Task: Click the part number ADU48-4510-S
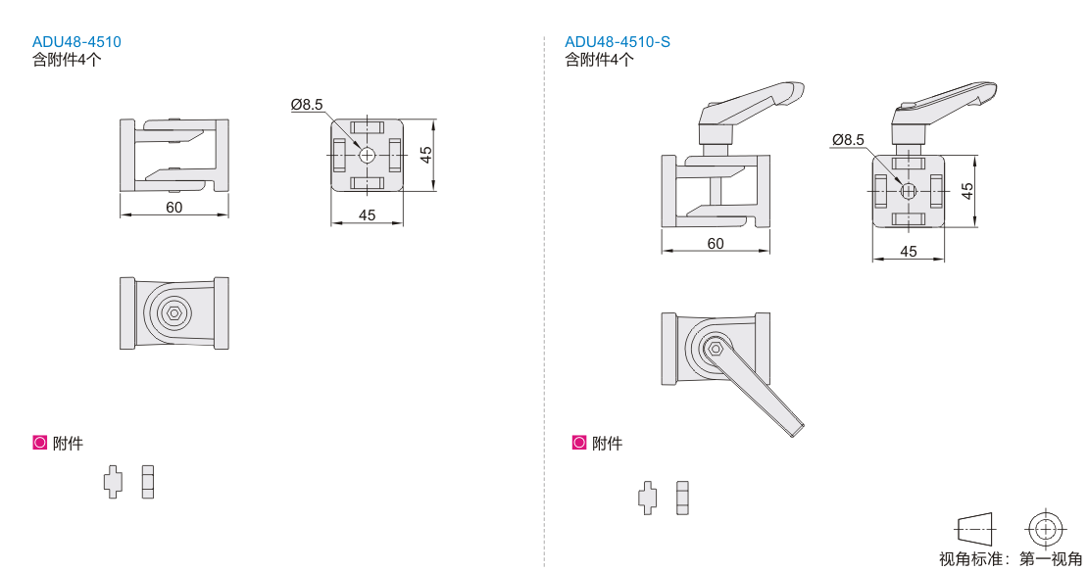(617, 41)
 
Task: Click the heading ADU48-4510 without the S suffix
(76, 41)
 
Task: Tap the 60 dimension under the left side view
(174, 208)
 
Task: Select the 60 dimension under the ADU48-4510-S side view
(716, 243)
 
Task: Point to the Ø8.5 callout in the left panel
(307, 105)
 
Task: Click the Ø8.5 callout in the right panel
(848, 140)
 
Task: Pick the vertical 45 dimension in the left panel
(426, 155)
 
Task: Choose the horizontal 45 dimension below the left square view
(367, 215)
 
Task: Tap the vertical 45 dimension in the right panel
(967, 191)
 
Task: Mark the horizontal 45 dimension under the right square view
(909, 252)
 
